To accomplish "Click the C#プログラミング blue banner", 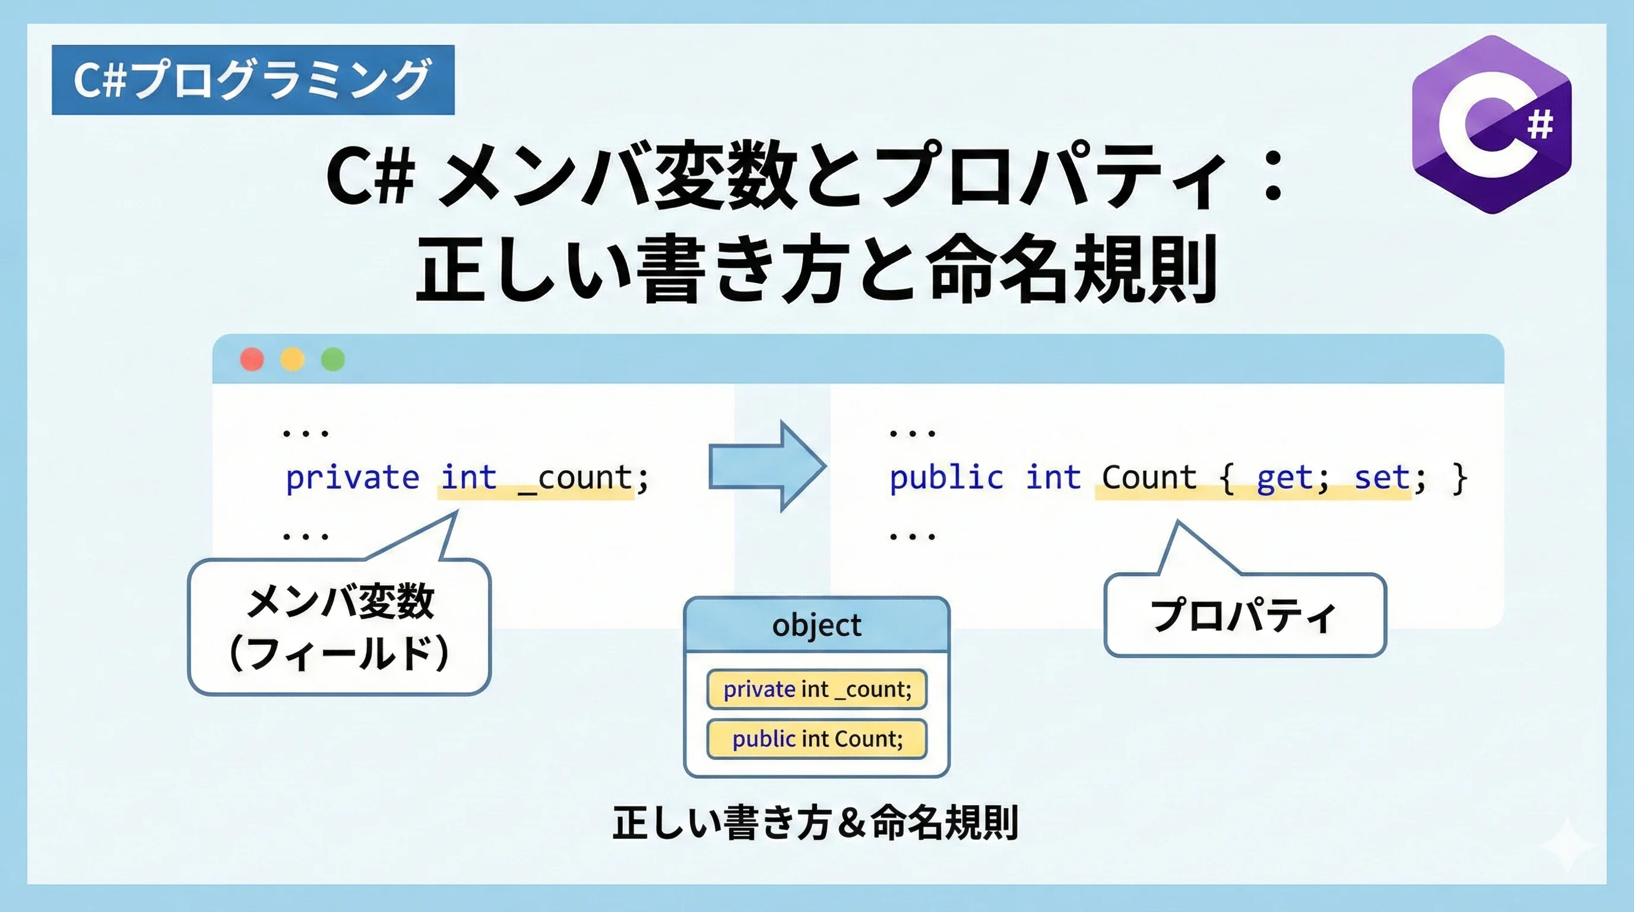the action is pyautogui.click(x=253, y=80).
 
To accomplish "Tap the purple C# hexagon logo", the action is pyautogui.click(x=1492, y=124).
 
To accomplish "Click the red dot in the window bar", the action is pyautogui.click(x=252, y=359).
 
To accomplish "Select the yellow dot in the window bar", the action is pyautogui.click(x=292, y=359).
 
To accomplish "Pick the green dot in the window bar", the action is pyautogui.click(x=333, y=359).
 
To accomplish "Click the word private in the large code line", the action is pyautogui.click(x=353, y=477).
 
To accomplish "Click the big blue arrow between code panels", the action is pyautogui.click(x=768, y=466).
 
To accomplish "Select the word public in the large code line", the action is pyautogui.click(x=946, y=477).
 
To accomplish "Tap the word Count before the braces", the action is pyautogui.click(x=1149, y=477).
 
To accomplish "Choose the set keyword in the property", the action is pyautogui.click(x=1382, y=477).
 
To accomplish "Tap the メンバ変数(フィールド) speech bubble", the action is pyautogui.click(x=340, y=626).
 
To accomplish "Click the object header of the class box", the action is pyautogui.click(x=817, y=625).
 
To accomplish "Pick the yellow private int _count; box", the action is pyautogui.click(x=817, y=689).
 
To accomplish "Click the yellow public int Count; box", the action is pyautogui.click(x=817, y=739).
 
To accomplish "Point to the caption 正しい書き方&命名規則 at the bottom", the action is pyautogui.click(x=816, y=822).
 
